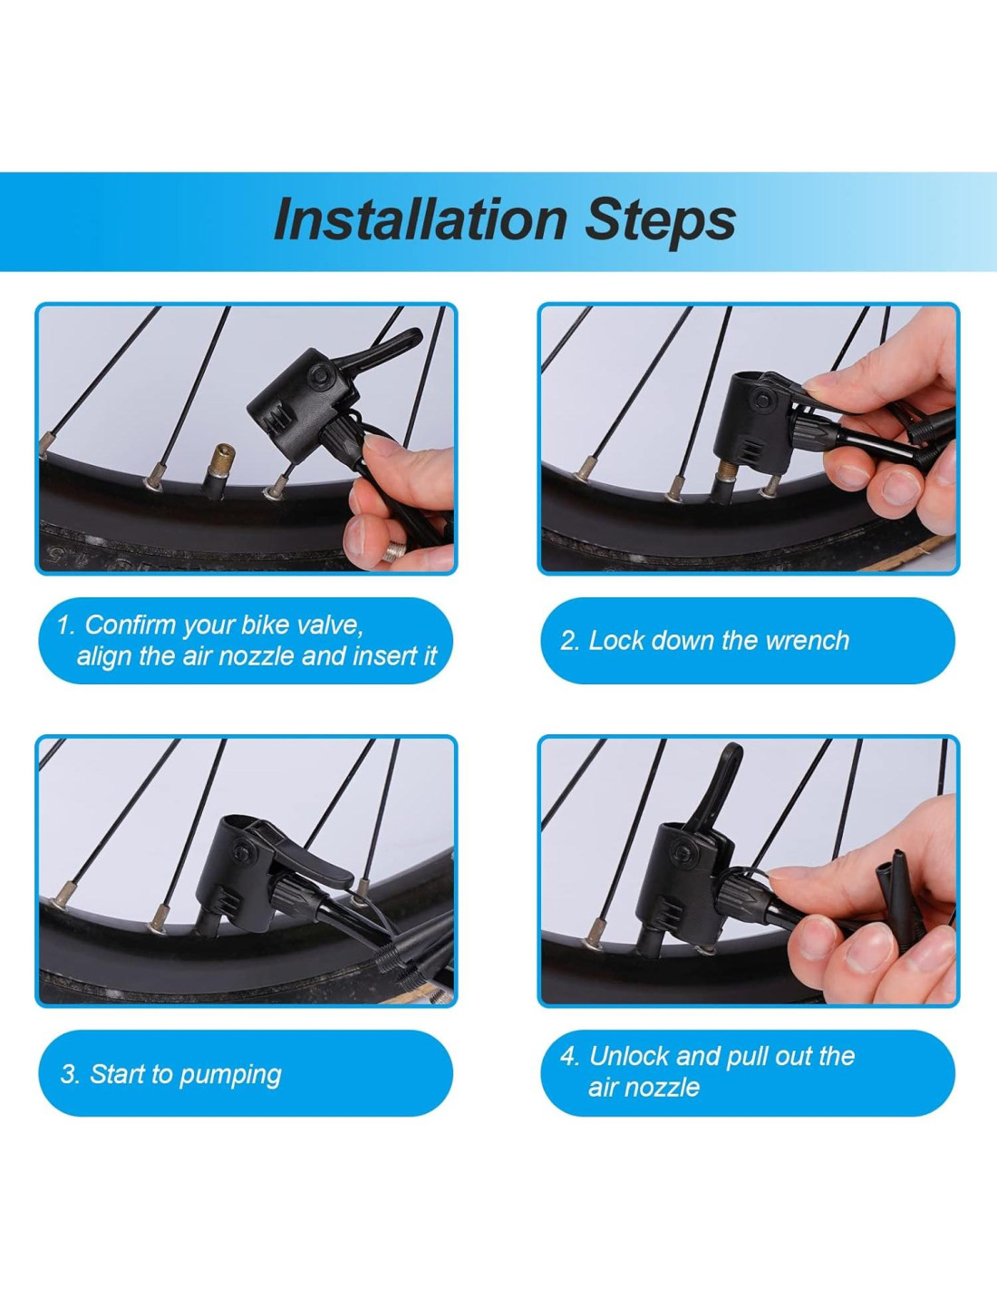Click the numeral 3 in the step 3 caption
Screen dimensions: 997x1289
click(67, 1074)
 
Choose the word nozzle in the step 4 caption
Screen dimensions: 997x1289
click(667, 1088)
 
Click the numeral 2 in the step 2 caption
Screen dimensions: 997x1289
click(567, 641)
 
